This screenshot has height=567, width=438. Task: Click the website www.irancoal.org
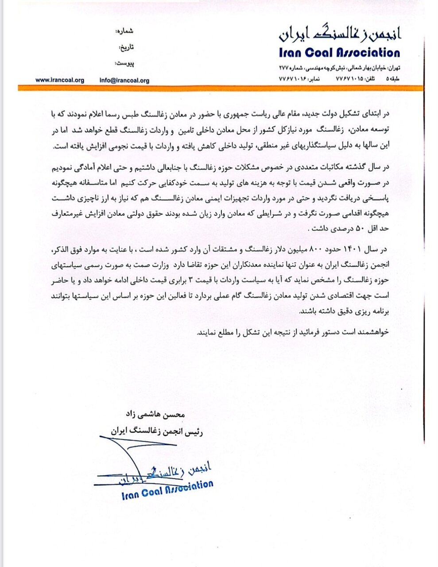tap(59, 80)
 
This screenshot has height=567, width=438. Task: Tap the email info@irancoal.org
tap(124, 81)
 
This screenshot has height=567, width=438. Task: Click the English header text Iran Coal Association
tap(339, 53)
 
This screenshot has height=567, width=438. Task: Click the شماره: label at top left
tap(124, 32)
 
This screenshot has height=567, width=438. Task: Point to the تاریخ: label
tap(125, 47)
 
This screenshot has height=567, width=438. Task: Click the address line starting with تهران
tap(339, 68)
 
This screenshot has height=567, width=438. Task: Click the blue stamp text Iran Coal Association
tap(167, 489)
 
